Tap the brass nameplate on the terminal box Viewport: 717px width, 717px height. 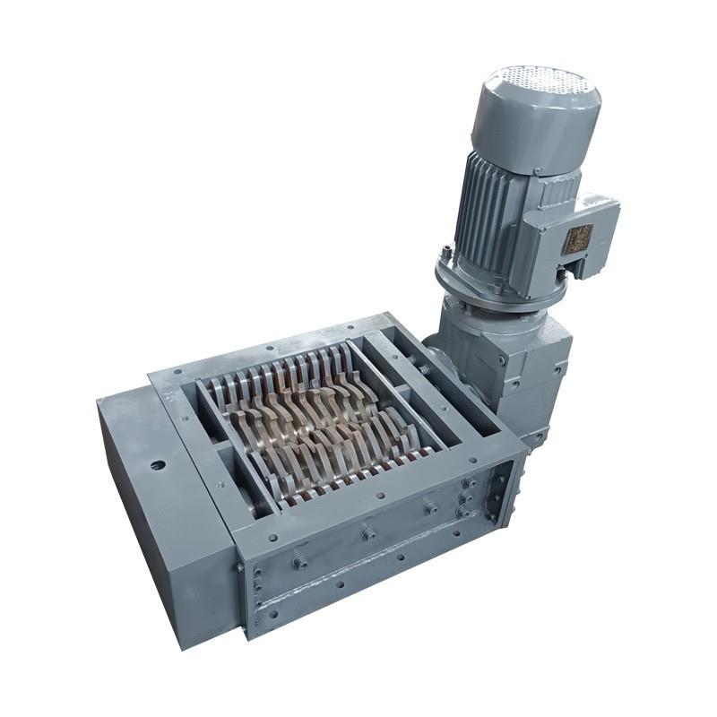click(x=577, y=239)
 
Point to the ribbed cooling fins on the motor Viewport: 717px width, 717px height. click(x=488, y=211)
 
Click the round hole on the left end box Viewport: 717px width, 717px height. click(x=158, y=466)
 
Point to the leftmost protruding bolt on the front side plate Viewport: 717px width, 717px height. click(x=299, y=561)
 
